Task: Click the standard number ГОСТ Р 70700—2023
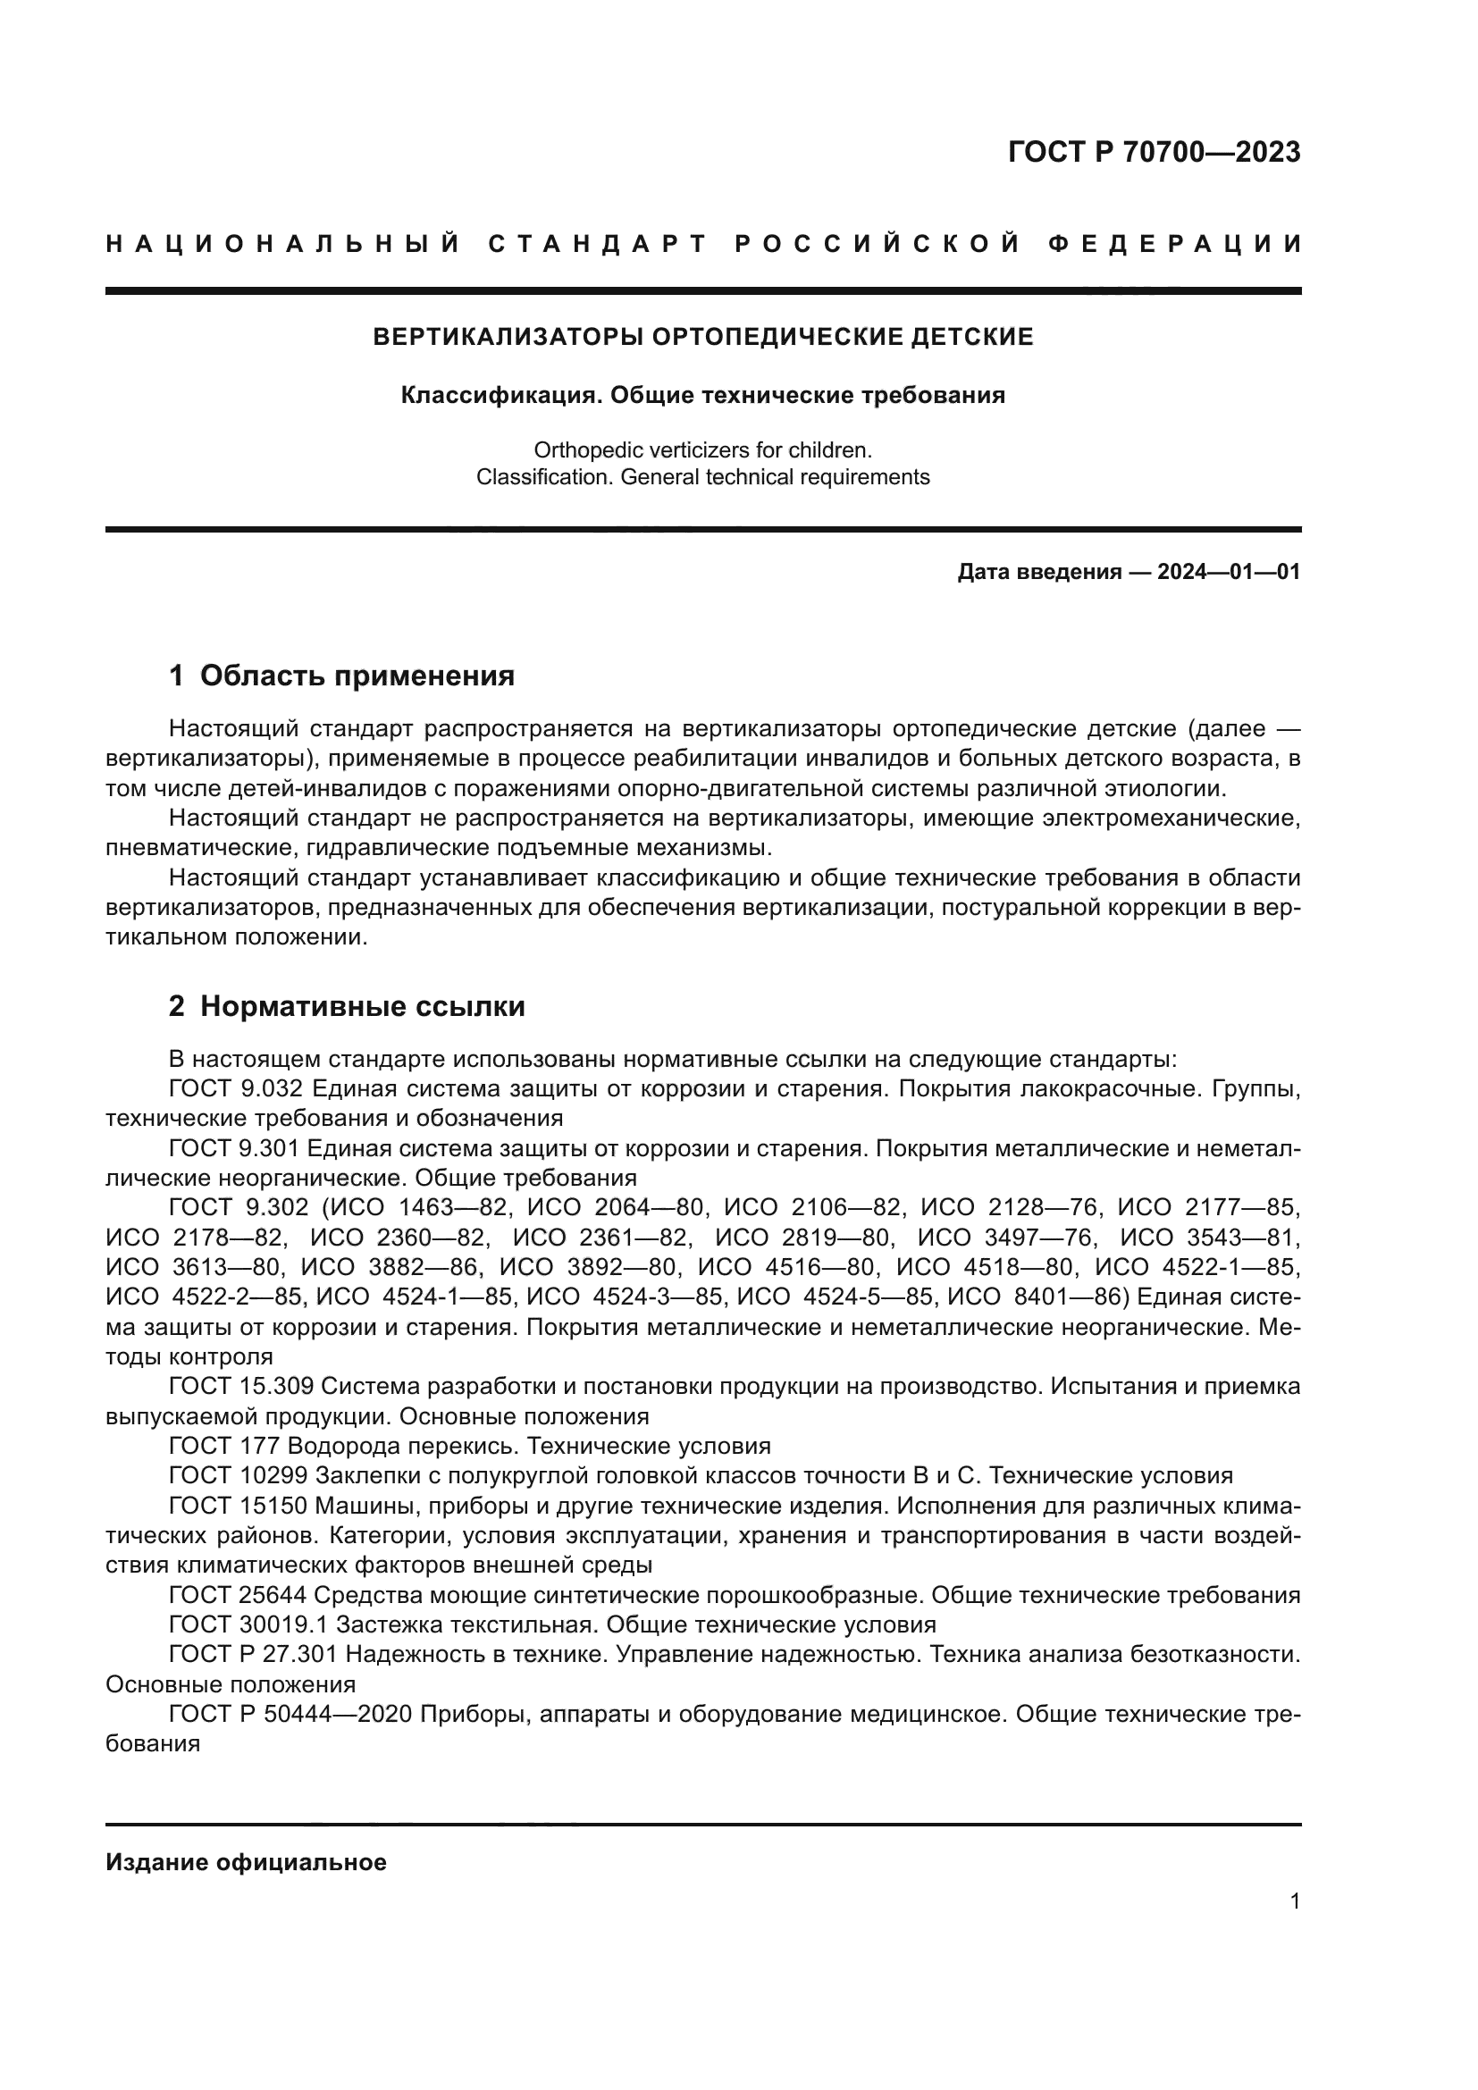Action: point(1153,152)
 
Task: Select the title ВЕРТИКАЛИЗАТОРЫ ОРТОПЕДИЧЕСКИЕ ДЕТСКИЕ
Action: point(702,337)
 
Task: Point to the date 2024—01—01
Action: point(1229,572)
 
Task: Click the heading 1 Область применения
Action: point(341,676)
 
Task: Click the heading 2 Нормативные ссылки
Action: point(347,1006)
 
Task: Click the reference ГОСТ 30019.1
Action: point(248,1624)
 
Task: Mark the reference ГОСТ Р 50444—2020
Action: point(294,1714)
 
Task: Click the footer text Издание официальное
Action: point(246,1861)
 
